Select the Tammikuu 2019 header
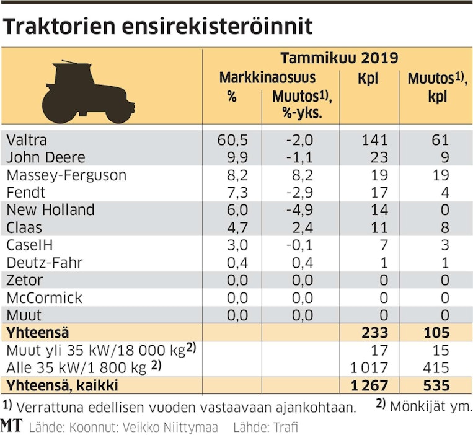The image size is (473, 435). click(x=338, y=59)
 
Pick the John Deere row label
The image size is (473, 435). click(x=45, y=157)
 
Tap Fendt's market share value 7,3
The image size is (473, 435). click(x=234, y=192)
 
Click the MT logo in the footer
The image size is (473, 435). click(x=11, y=427)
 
